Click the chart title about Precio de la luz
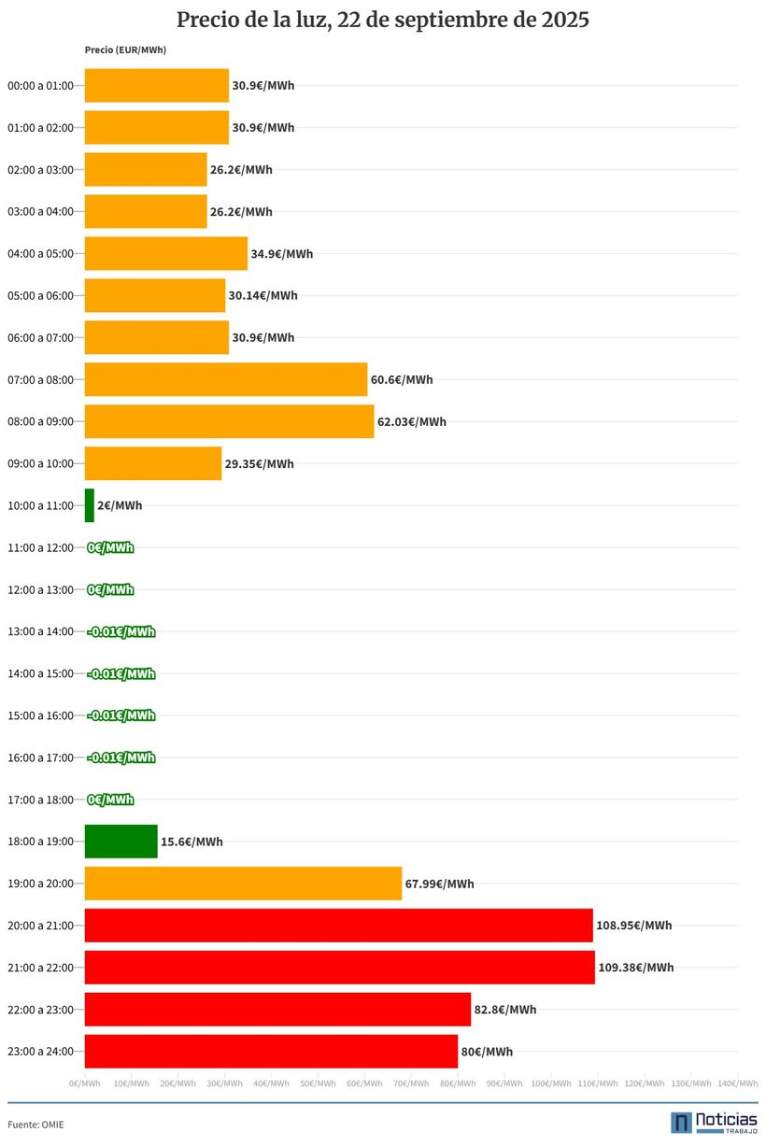(x=383, y=20)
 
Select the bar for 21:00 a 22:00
(x=339, y=968)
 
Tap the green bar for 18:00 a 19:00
(x=121, y=842)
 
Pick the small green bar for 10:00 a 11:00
(x=90, y=505)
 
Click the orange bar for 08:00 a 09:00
(x=229, y=421)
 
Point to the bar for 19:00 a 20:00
(x=243, y=884)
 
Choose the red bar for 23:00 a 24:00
(x=271, y=1052)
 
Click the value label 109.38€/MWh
(x=635, y=968)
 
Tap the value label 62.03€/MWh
(x=411, y=421)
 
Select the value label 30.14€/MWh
(x=262, y=295)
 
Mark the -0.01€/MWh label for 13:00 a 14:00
(x=121, y=631)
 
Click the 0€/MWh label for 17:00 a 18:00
(x=110, y=799)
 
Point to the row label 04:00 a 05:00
(x=40, y=253)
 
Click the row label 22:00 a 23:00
(x=40, y=1010)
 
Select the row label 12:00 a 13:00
(x=40, y=589)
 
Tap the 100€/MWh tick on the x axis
(x=550, y=1083)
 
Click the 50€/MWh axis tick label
(x=317, y=1083)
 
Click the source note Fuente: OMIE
(x=35, y=1125)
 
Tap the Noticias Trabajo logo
(x=714, y=1122)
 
